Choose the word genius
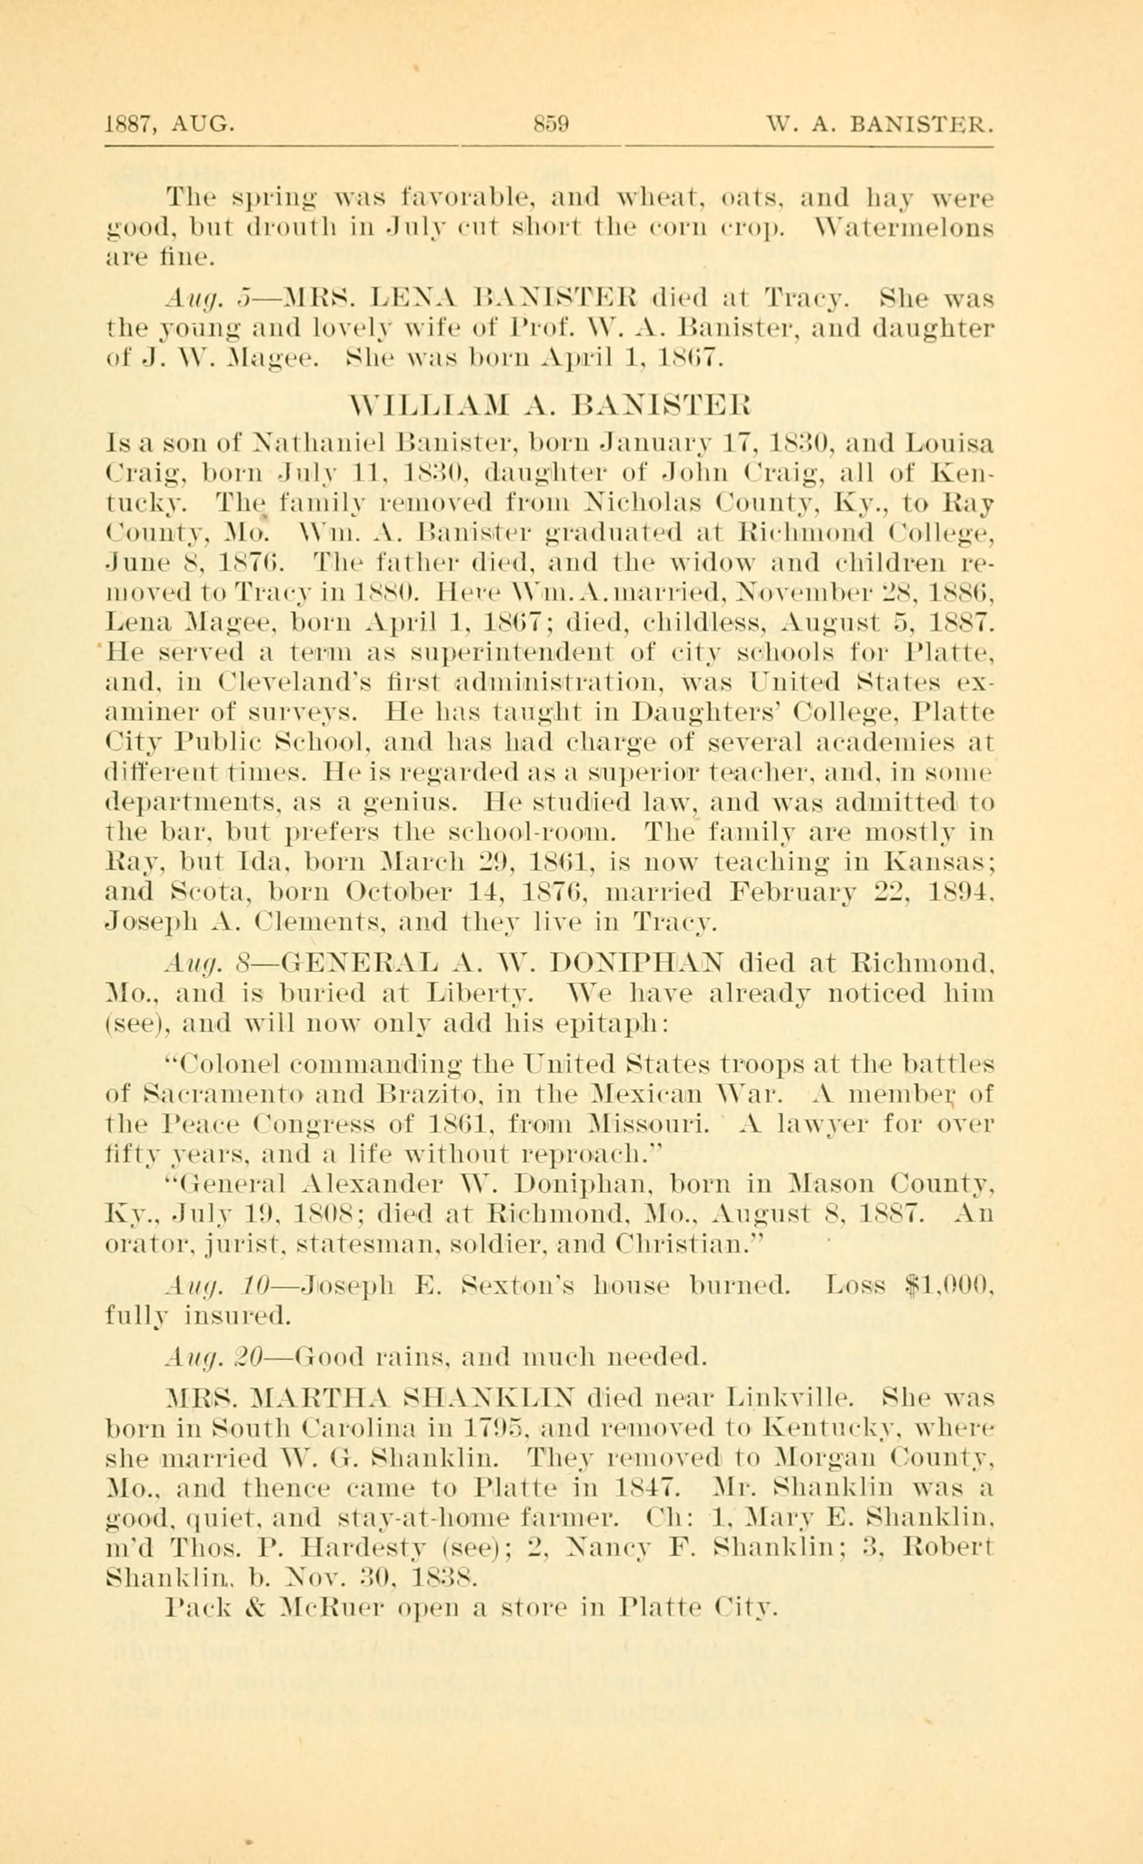418,800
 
